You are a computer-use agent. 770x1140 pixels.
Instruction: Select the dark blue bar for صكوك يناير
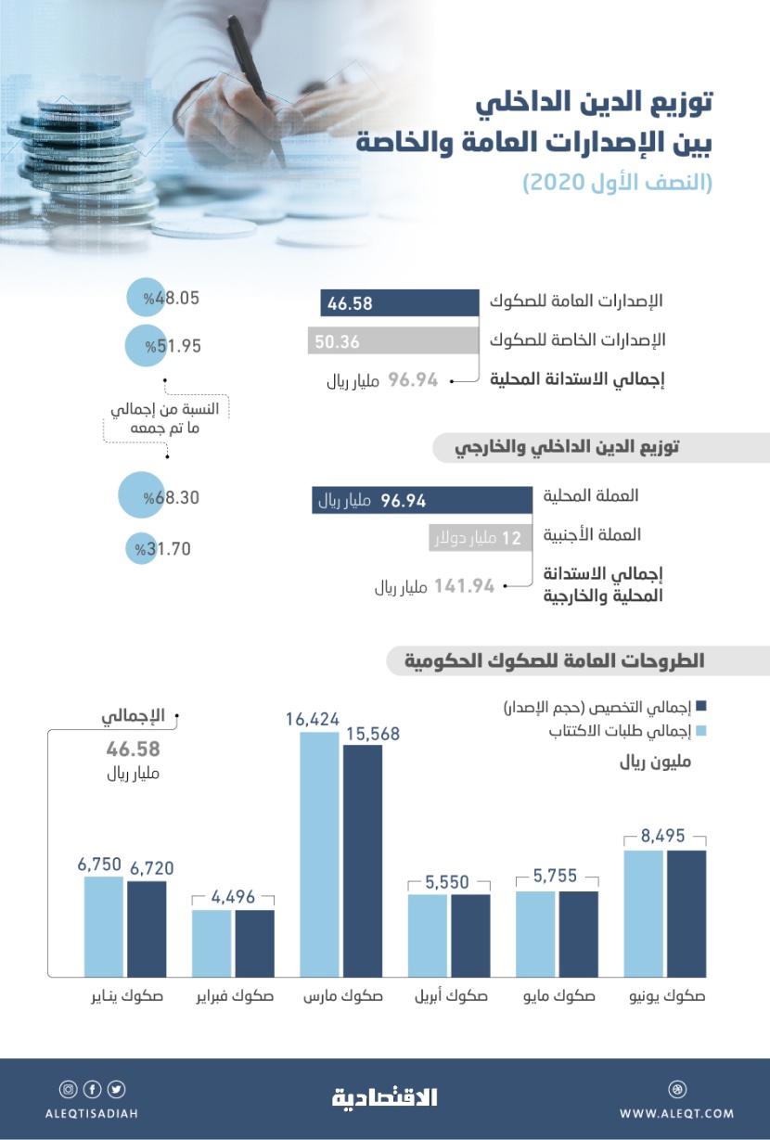(x=147, y=928)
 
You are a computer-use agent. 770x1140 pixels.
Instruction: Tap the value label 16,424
(x=314, y=718)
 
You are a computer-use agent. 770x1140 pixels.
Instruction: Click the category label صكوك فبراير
(x=234, y=998)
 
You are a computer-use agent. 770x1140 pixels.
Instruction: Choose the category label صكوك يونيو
(x=665, y=998)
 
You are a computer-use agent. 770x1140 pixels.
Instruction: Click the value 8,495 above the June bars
(x=665, y=836)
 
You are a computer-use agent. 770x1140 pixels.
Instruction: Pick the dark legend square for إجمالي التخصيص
(x=701, y=708)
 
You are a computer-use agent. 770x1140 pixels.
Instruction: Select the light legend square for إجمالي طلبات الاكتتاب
(x=701, y=733)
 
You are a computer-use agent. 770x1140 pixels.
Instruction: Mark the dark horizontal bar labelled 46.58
(x=399, y=302)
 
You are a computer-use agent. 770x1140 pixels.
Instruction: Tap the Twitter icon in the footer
(x=117, y=1090)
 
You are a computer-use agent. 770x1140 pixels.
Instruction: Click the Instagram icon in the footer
(x=68, y=1090)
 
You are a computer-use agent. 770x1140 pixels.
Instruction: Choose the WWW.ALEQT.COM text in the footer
(x=676, y=1113)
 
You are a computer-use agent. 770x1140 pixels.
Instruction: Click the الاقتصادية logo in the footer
(x=384, y=1097)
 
